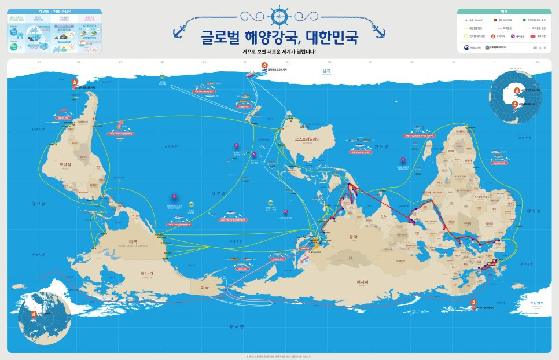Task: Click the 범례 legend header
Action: tap(503, 12)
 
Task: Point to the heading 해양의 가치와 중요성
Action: tap(54, 12)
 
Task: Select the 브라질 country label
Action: tap(65, 164)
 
